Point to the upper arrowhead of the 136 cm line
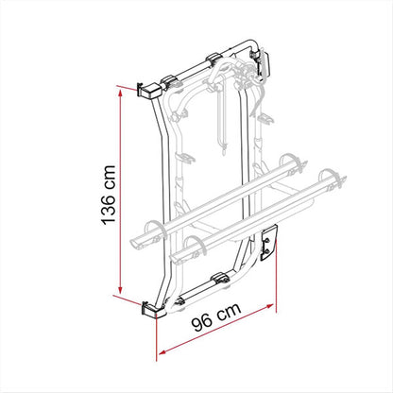click(x=120, y=93)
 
